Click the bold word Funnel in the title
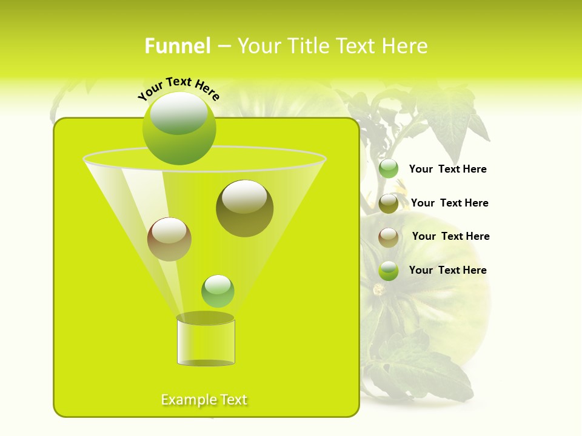pos(177,46)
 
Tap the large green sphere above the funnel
pos(179,128)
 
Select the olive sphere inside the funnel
pos(244,209)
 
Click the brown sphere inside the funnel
pos(169,239)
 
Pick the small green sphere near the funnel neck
pos(218,291)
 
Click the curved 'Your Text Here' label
pos(178,88)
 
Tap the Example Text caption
pos(204,400)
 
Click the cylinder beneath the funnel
pos(206,343)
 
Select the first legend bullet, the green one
pos(389,169)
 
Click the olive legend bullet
pos(389,203)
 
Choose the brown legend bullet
pos(389,237)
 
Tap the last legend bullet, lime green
pos(389,271)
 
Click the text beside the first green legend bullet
pos(447,169)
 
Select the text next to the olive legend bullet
pos(449,203)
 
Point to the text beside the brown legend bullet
pos(450,236)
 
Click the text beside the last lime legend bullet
pos(447,270)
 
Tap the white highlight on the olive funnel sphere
pos(244,197)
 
